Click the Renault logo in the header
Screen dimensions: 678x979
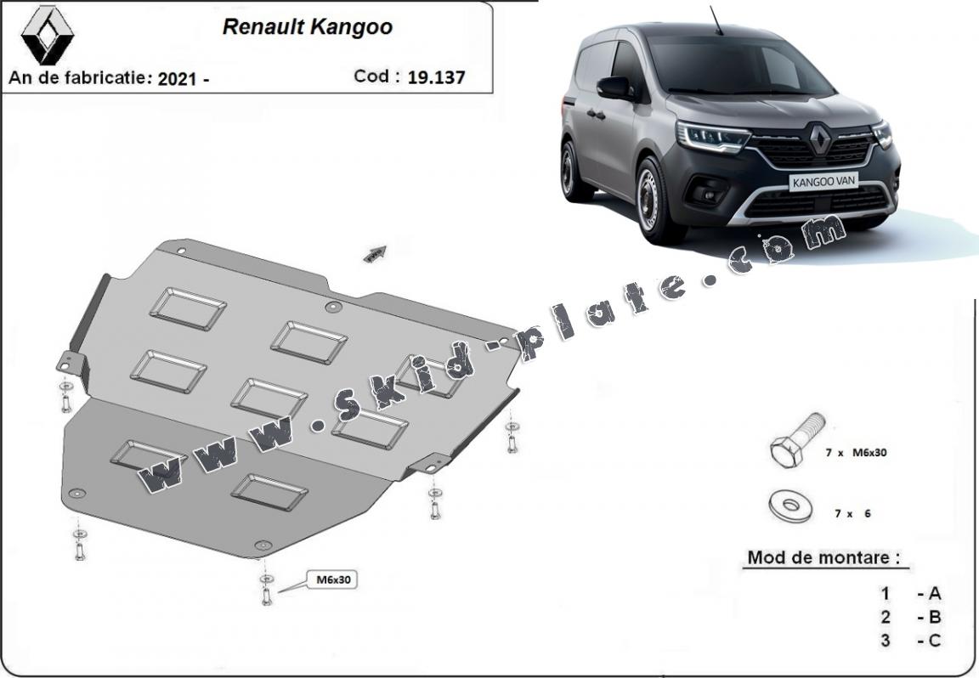coord(48,35)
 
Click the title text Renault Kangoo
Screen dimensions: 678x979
coord(307,27)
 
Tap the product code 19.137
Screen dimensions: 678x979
coord(436,77)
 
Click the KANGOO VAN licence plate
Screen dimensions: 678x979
coord(824,180)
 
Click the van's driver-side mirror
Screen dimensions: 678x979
coord(614,88)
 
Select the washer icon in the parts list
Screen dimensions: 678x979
coord(789,506)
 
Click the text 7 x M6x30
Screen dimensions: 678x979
coord(856,453)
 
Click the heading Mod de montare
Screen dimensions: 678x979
coord(823,558)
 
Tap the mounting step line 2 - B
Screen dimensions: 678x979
coord(911,617)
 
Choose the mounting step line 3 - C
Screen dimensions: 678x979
coord(911,641)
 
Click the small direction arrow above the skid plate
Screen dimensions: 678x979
coord(374,252)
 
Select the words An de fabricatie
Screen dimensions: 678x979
coord(78,79)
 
